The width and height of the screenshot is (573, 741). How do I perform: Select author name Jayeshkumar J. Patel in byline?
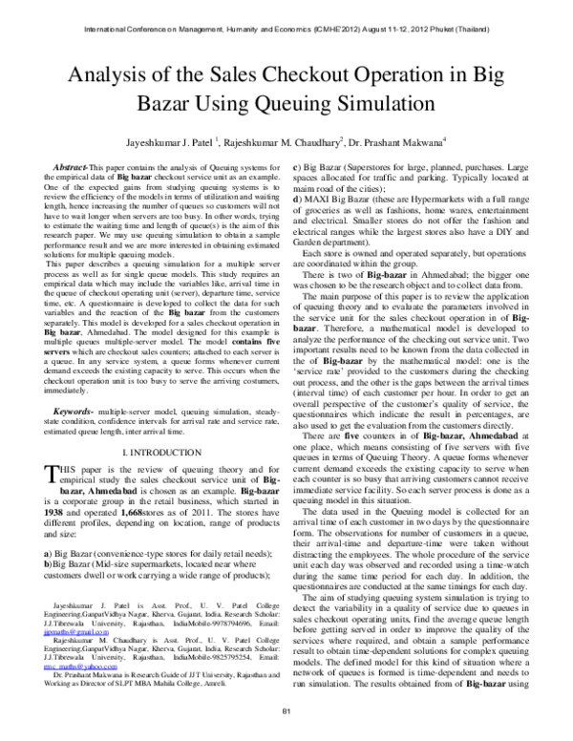[167, 139]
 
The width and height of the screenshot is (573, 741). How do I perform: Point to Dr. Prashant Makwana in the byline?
[393, 139]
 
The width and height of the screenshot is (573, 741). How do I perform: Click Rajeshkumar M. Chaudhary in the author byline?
[282, 139]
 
